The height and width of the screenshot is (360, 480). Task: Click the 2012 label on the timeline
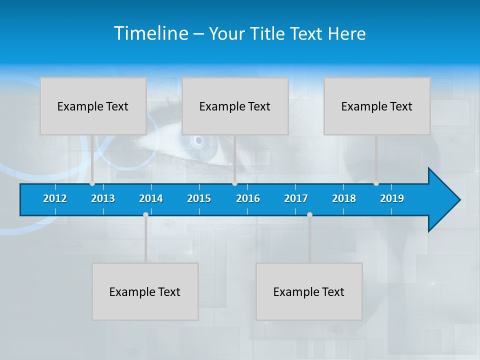55,198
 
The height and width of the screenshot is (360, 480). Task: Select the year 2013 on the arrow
103,198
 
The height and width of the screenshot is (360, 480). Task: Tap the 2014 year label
151,198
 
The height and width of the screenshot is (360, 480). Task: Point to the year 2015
199,198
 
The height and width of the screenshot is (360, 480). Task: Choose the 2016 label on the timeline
248,198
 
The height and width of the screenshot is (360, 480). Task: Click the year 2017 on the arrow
296,198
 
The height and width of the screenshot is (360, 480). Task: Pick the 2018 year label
344,198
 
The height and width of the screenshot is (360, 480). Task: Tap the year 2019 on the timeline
392,198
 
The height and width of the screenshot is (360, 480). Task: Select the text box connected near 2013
93,106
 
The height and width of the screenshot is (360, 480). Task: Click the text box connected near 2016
235,106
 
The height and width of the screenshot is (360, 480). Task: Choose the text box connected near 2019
377,106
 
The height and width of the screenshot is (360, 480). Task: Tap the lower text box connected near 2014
145,291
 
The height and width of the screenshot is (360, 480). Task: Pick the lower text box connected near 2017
309,291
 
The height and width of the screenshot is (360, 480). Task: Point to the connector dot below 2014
145,214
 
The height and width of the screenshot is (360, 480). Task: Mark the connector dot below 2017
309,214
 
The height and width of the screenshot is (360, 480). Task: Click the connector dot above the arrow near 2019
376,183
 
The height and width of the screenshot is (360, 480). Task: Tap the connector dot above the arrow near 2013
92,183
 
